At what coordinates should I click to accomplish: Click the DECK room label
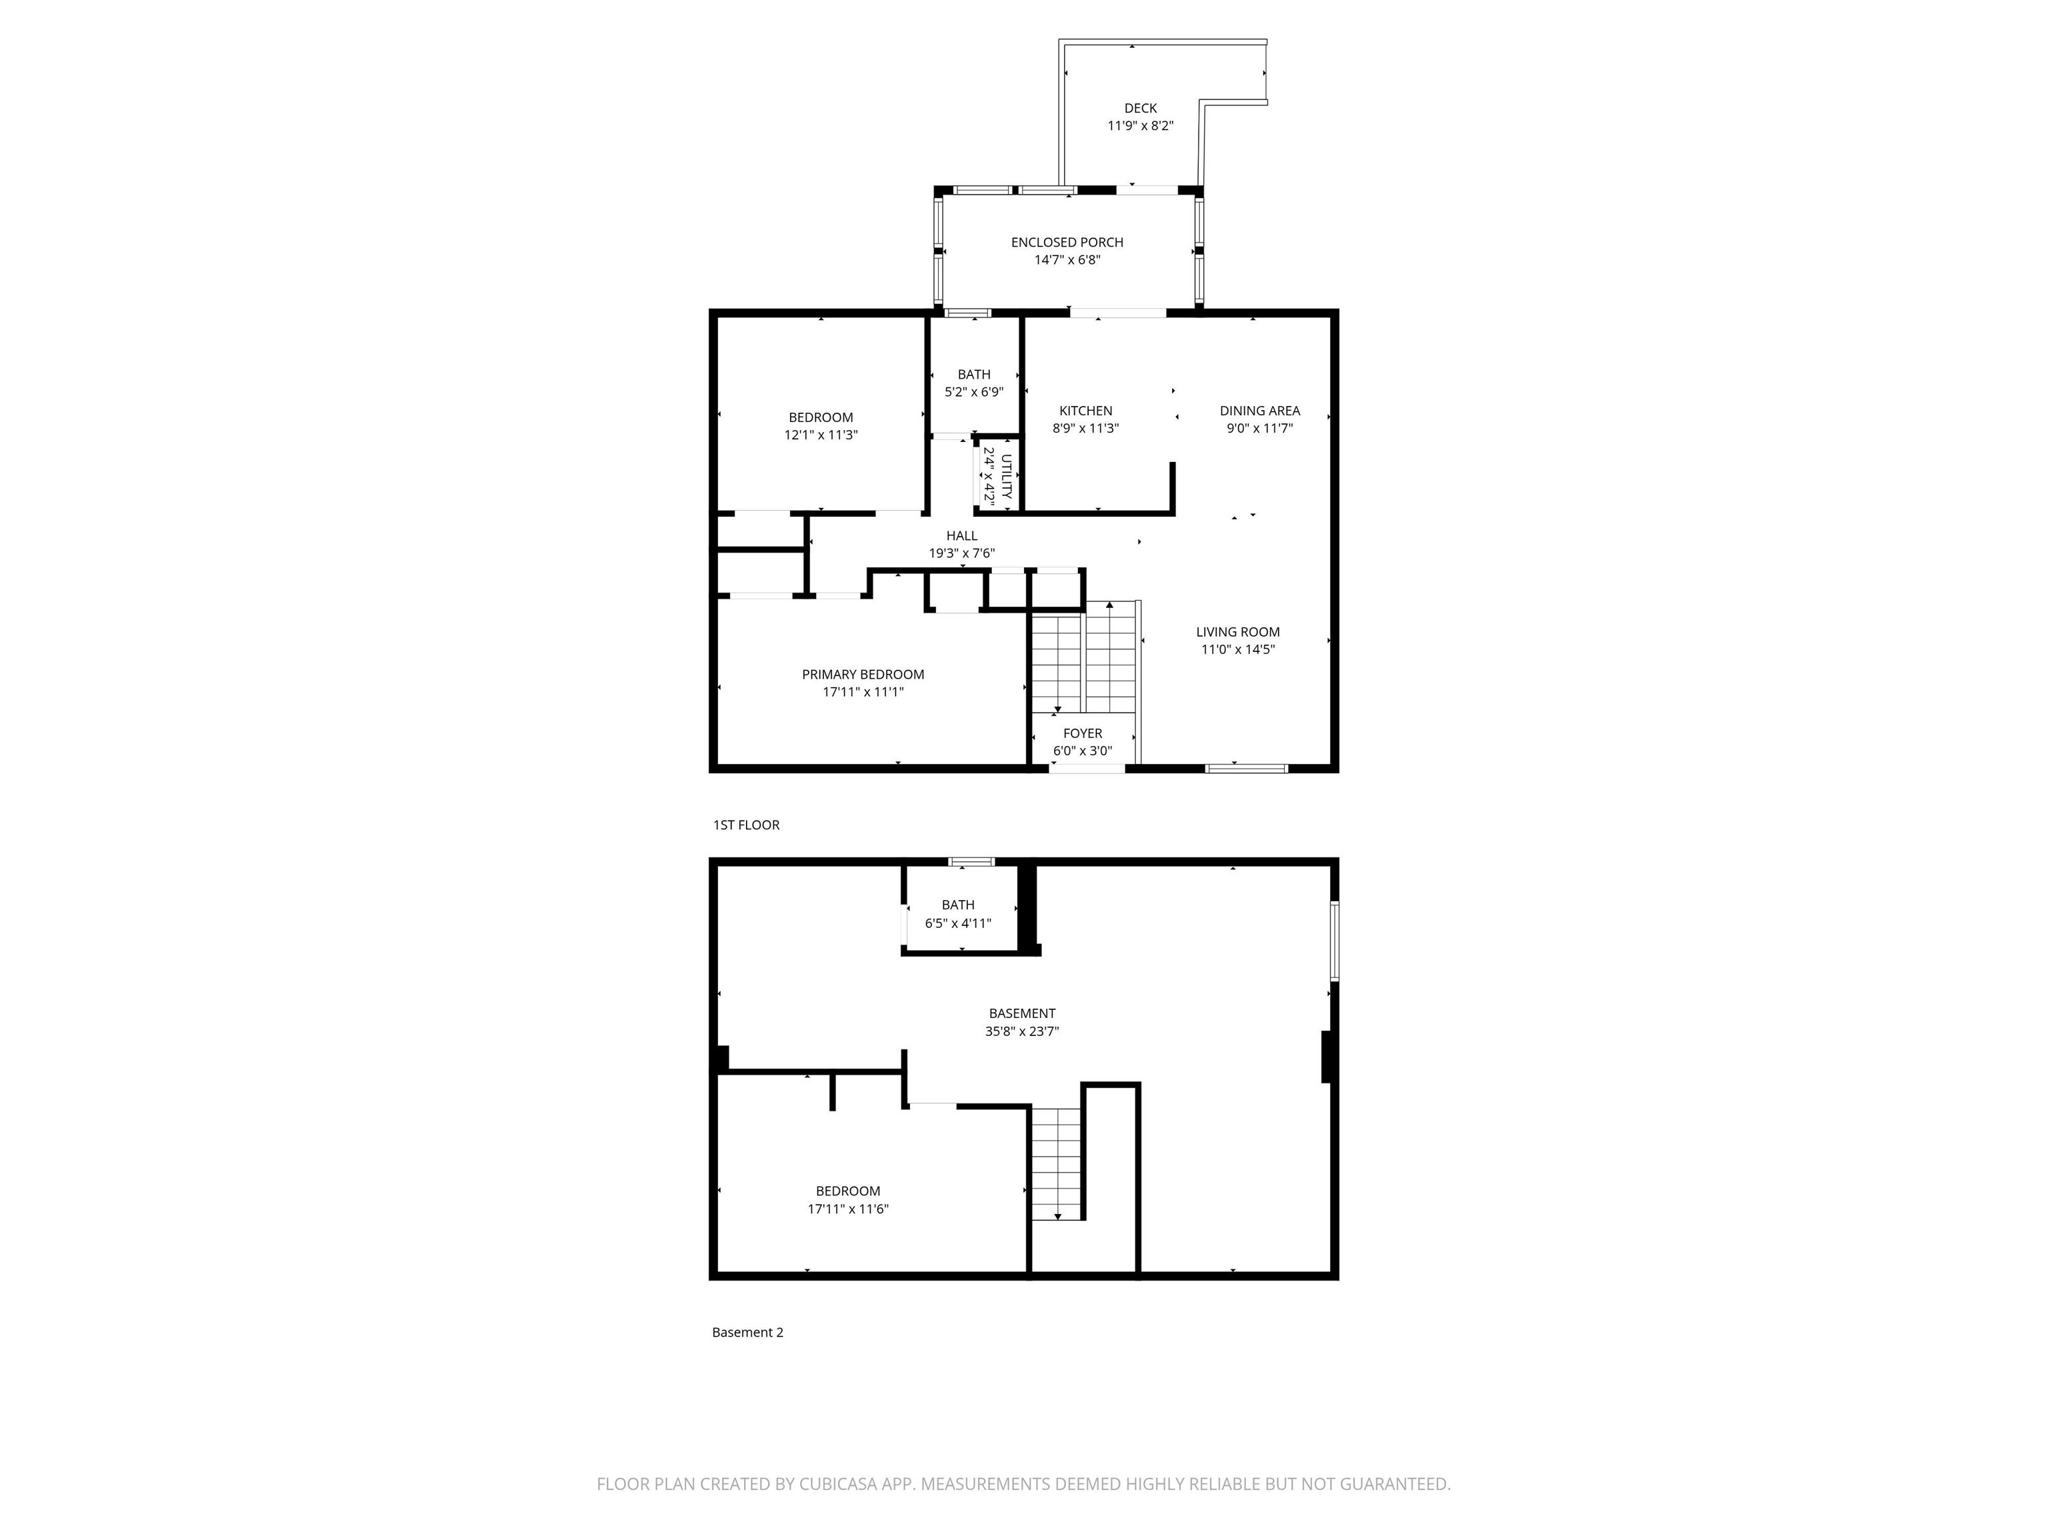(1141, 108)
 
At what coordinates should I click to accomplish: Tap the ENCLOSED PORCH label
(1067, 243)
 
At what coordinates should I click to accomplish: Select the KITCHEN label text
(1086, 411)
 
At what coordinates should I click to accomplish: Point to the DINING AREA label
(1259, 411)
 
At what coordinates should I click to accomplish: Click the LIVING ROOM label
(1238, 633)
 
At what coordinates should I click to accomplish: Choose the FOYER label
(1082, 733)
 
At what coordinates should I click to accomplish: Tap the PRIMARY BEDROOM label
(863, 675)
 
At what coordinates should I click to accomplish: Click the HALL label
(962, 536)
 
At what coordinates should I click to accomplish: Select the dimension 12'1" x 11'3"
(821, 435)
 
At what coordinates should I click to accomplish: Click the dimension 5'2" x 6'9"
(974, 393)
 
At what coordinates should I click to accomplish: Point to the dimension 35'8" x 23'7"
(1022, 1031)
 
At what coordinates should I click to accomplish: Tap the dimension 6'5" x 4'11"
(958, 923)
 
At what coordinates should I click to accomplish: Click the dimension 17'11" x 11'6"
(848, 1209)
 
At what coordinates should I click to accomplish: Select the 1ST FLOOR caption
(746, 825)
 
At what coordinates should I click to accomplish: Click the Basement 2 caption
(747, 1332)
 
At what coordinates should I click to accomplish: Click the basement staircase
(1057, 1165)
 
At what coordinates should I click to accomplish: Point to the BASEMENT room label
(1022, 1014)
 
